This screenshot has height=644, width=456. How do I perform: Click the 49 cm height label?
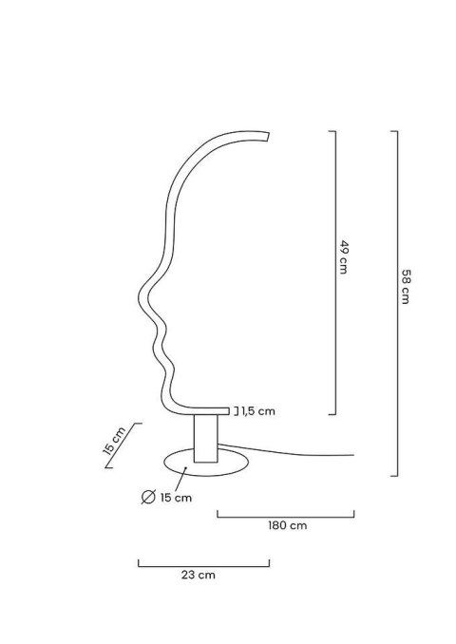tap(344, 257)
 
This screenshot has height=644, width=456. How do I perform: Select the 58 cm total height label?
tap(406, 287)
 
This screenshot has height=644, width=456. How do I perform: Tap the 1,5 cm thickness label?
tap(258, 411)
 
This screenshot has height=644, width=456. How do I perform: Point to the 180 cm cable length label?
tap(288, 525)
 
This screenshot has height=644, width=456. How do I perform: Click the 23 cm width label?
tap(198, 575)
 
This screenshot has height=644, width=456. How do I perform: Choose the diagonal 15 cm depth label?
tap(114, 441)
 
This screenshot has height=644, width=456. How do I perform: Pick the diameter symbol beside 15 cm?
tap(148, 497)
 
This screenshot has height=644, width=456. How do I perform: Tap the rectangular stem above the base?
tap(206, 439)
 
